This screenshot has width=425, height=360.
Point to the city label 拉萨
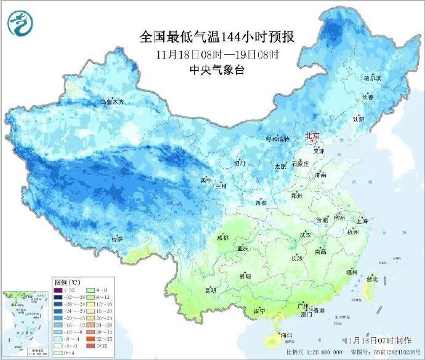(116, 239)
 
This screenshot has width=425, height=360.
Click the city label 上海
(361, 221)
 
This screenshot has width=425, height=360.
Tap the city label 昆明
(211, 289)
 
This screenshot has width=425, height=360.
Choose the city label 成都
(222, 237)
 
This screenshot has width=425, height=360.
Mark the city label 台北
(371, 279)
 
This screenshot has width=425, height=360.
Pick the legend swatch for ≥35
(90, 346)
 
